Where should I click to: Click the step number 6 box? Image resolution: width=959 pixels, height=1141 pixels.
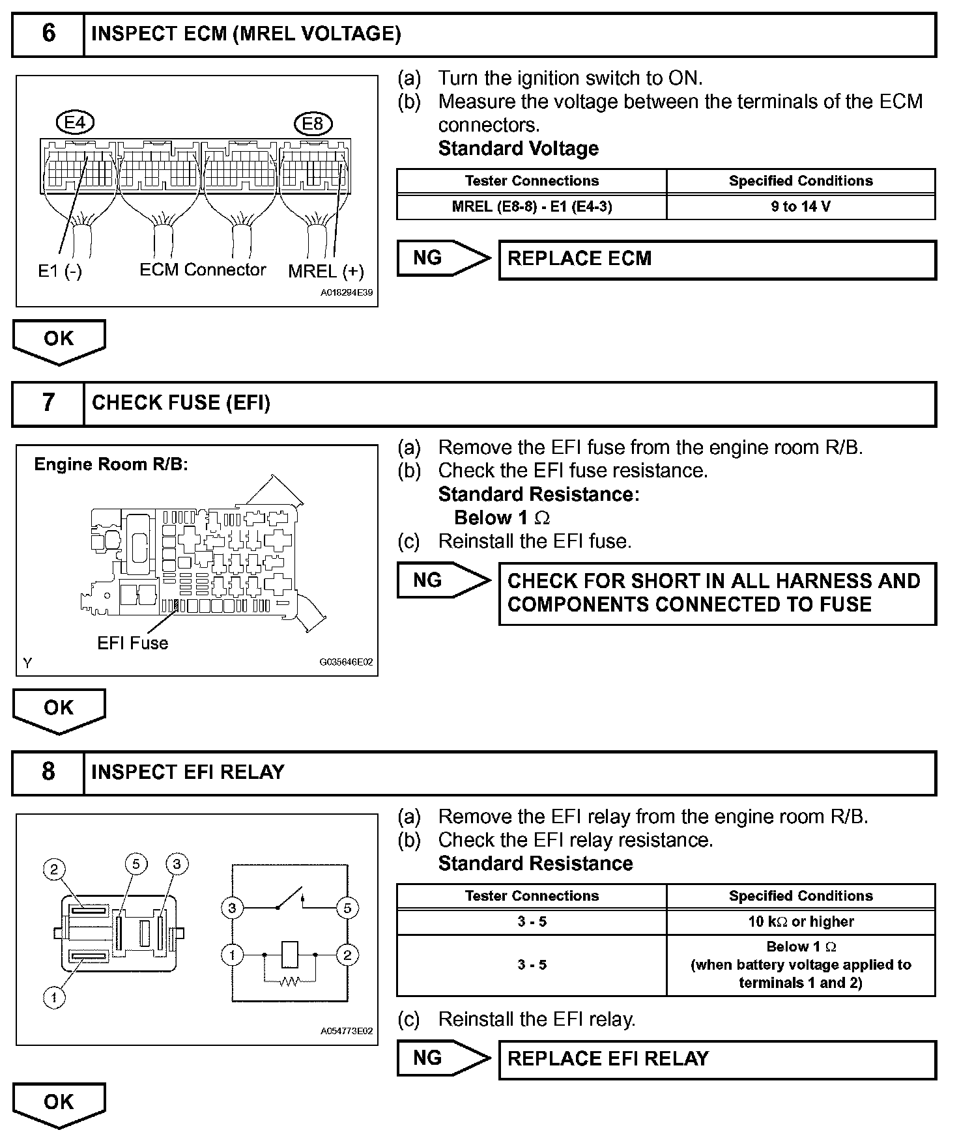click(48, 34)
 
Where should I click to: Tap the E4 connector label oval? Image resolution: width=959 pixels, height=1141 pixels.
click(75, 122)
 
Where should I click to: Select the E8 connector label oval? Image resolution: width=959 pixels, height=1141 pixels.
click(313, 123)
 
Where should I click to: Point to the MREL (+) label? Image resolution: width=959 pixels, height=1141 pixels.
click(326, 272)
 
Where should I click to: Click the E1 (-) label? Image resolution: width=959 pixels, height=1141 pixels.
click(60, 271)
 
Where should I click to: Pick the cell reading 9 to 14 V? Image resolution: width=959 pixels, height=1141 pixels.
click(801, 207)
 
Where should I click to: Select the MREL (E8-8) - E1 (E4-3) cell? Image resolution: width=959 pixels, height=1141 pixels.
click(532, 207)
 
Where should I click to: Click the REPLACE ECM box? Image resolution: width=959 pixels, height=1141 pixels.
click(717, 259)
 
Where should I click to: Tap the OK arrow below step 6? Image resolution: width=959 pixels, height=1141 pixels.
click(59, 340)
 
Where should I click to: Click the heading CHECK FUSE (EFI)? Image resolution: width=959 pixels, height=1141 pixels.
click(181, 403)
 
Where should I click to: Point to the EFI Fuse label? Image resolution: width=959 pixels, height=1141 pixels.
click(133, 643)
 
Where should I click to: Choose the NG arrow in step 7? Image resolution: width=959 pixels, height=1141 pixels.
click(443, 580)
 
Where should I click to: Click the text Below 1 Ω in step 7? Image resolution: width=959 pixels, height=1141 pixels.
click(502, 518)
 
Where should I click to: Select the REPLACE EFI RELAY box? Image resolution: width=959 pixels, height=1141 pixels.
click(717, 1058)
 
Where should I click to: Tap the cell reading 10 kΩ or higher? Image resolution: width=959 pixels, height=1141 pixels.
click(801, 922)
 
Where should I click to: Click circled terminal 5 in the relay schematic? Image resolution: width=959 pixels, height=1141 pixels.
click(347, 908)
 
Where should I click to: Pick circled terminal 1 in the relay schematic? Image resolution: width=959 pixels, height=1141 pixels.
click(232, 955)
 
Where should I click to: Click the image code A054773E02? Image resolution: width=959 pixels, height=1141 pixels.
click(347, 1031)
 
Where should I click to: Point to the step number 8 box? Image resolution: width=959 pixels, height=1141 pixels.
click(48, 772)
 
